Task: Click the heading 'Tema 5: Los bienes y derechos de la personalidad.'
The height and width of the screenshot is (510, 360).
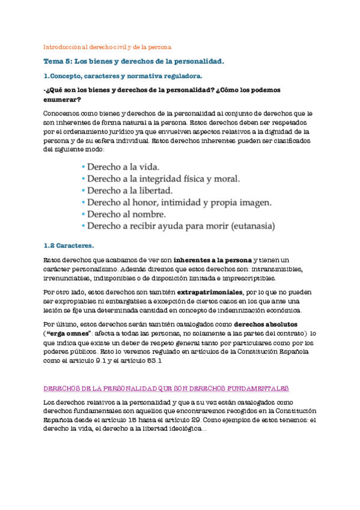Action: (x=134, y=61)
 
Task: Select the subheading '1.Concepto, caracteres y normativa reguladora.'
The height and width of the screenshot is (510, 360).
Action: (x=123, y=76)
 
